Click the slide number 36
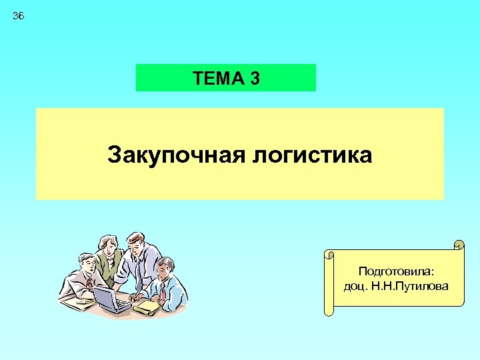[x=18, y=16]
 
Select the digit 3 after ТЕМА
[x=255, y=79]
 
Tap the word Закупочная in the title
[x=175, y=156]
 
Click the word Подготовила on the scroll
[x=396, y=271]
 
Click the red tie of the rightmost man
[x=162, y=291]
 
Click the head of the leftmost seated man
[x=85, y=262]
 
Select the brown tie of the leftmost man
[x=89, y=283]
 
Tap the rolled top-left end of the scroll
[x=328, y=254]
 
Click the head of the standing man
[x=137, y=241]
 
